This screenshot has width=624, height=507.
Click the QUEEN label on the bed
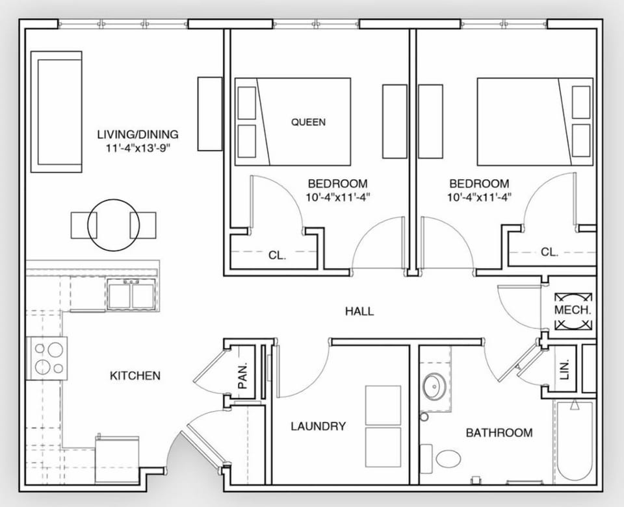pos(308,121)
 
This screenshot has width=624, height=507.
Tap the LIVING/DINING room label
pos(137,135)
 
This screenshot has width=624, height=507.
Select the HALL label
pos(359,312)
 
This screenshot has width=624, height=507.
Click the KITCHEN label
pos(135,375)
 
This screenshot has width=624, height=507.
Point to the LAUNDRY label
pos(318,427)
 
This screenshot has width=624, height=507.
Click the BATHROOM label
pos(499,432)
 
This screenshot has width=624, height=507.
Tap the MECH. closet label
pos(573,310)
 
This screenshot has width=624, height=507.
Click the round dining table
pos(114,225)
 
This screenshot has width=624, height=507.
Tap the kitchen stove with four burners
pos(47,358)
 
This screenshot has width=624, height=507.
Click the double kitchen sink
pos(132,295)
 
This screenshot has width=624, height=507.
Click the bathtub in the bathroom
pos(573,441)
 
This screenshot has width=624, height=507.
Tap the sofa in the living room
pos(57,112)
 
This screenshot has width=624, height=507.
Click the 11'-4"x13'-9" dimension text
pos(137,147)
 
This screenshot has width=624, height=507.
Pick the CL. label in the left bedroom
pos(277,255)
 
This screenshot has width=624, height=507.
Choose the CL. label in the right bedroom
pos(550,253)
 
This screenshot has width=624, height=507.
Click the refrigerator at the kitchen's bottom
pos(117,460)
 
